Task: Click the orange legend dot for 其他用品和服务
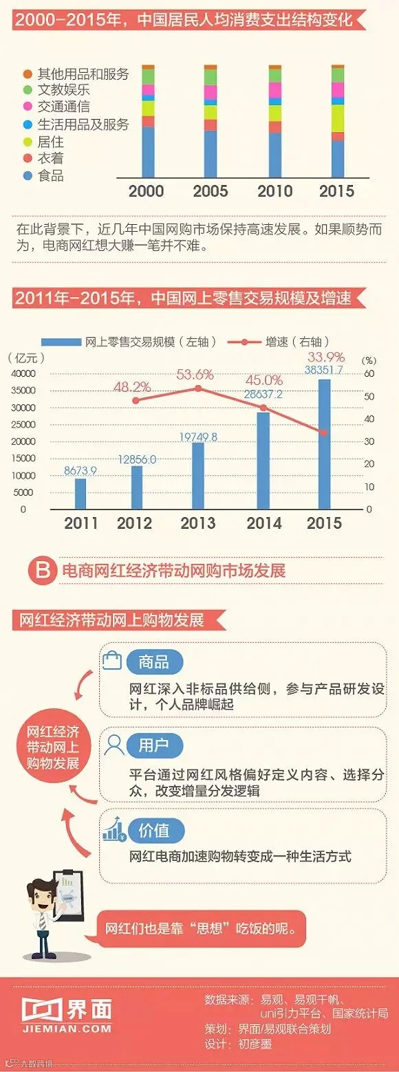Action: point(28,74)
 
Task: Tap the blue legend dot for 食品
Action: point(28,175)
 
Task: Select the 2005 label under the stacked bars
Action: point(211,191)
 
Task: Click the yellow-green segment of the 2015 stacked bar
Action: point(338,118)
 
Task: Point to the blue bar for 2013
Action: point(198,476)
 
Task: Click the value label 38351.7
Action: point(324,370)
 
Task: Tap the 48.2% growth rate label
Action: point(132,386)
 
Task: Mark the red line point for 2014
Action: point(263,408)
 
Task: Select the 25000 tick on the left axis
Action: point(23,424)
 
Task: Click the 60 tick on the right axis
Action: point(369,374)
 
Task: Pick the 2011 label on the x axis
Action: point(81,523)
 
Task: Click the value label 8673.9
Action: point(80,471)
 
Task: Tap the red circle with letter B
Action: point(43,570)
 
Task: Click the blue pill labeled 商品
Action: point(154,662)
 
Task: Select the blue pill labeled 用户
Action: point(154,745)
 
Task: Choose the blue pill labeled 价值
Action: point(154,831)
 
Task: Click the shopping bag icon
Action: point(112,660)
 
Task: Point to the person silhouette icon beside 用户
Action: point(114,745)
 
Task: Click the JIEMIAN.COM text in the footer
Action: point(67,1028)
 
